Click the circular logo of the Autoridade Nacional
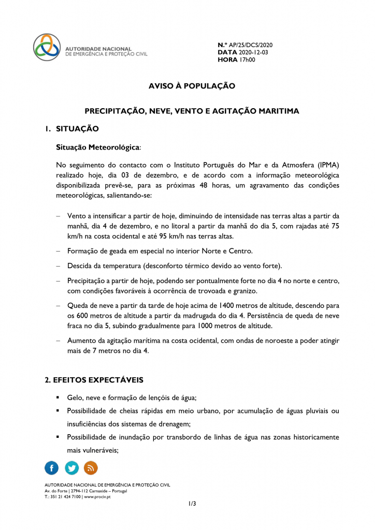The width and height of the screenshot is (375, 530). point(47,48)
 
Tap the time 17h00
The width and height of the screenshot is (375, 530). point(247,60)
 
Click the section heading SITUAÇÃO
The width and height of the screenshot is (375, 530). point(77,128)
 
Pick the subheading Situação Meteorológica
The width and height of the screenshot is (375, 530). point(97,147)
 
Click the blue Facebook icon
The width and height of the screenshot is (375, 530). point(52,468)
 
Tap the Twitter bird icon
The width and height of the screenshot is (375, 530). point(71,468)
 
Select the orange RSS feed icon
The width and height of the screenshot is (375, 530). point(91,468)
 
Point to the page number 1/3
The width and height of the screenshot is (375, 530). point(192,503)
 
